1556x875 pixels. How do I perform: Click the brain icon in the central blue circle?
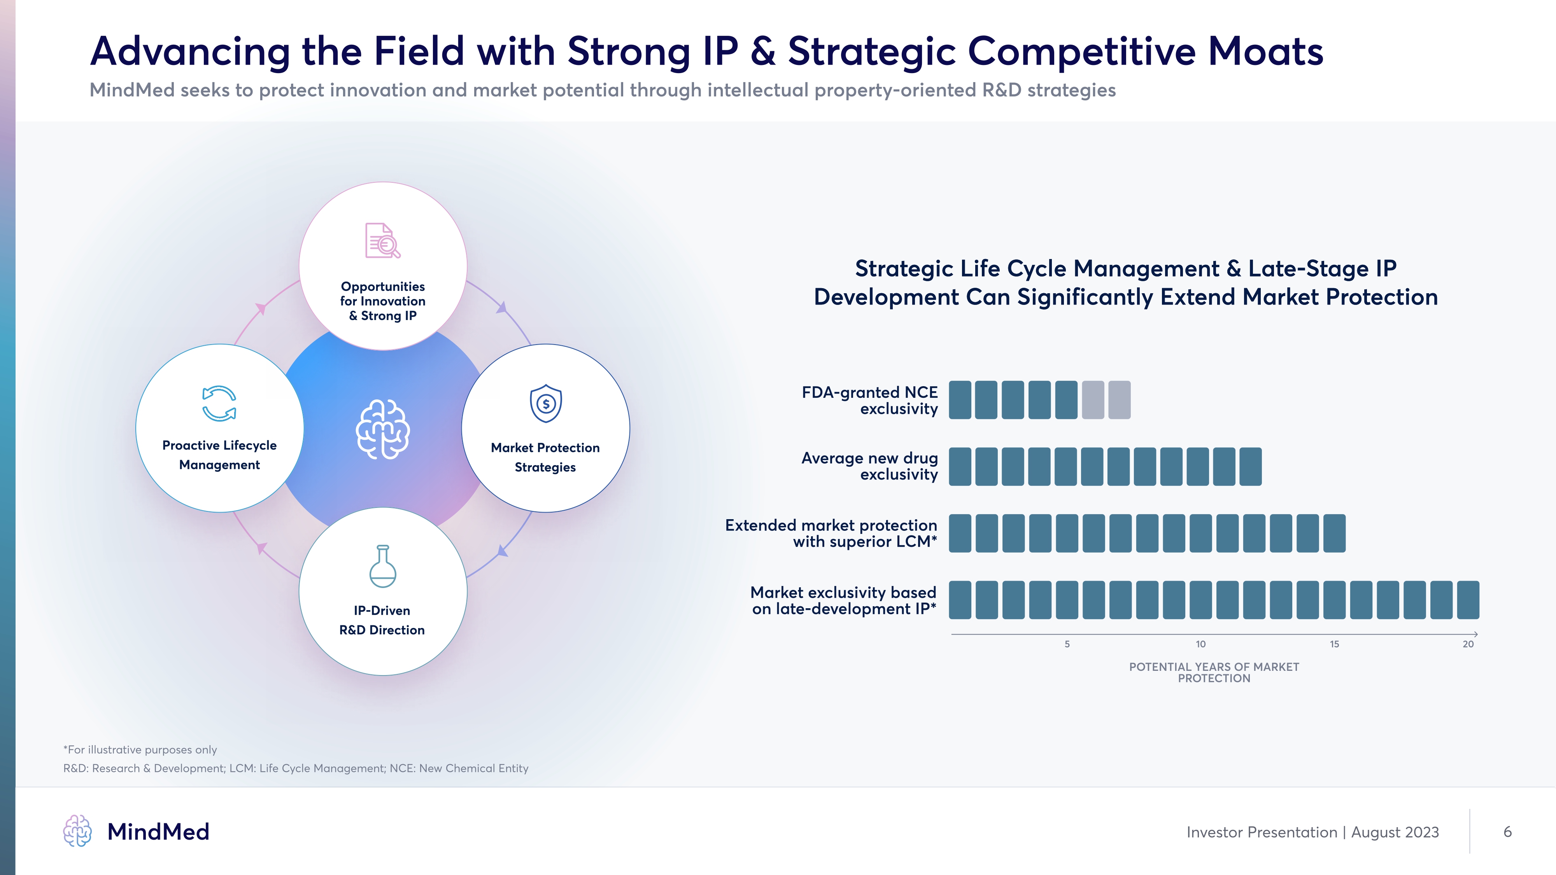click(x=382, y=429)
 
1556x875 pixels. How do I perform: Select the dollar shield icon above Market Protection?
click(x=545, y=403)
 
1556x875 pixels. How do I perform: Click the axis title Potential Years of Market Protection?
click(x=1214, y=672)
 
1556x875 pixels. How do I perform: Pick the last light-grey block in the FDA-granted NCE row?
click(x=1119, y=400)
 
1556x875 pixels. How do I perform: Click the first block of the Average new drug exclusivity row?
click(x=960, y=467)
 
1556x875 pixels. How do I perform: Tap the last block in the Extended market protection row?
click(x=1334, y=533)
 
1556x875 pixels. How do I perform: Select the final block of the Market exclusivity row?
click(x=1468, y=600)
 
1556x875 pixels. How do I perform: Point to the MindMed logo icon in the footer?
click(x=77, y=831)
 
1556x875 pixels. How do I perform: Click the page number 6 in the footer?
click(x=1507, y=831)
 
